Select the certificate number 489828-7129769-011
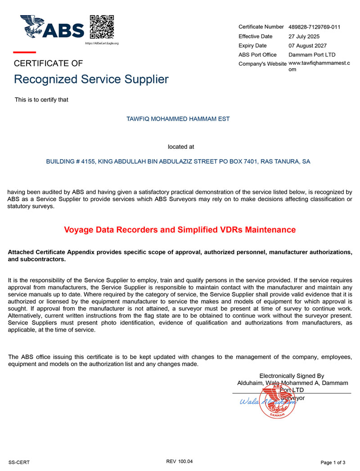point(314,27)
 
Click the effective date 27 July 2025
point(304,36)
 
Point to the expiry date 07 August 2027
point(307,46)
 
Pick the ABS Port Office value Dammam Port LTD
point(312,55)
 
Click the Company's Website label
point(262,64)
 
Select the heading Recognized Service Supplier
point(91,80)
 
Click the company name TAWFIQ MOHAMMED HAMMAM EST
point(179,119)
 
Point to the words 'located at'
point(181,147)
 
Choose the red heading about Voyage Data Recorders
point(180,230)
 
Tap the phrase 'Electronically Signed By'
point(292,376)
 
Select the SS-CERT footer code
point(19,462)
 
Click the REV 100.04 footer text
point(179,462)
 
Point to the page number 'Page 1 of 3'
point(333,462)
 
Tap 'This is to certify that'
point(41,100)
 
